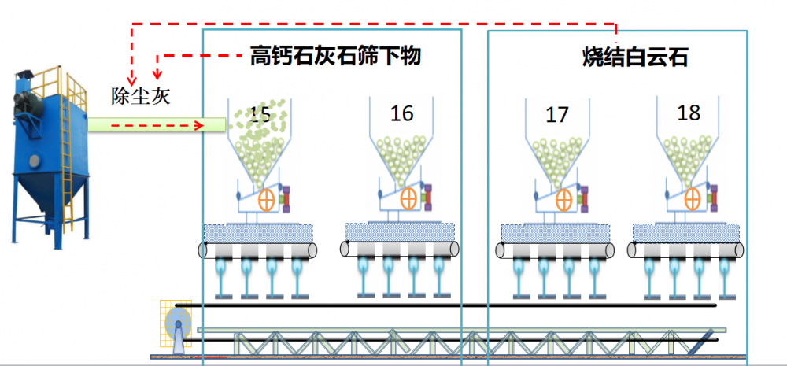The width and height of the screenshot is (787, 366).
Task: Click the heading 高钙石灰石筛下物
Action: (x=335, y=57)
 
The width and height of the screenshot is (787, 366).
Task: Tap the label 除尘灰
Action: (x=141, y=95)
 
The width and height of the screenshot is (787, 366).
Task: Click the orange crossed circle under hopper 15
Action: (x=267, y=201)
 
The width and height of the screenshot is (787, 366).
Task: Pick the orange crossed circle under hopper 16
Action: (x=408, y=198)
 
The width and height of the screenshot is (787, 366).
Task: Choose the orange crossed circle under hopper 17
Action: (x=564, y=201)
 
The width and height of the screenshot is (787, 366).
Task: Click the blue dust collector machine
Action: (x=50, y=157)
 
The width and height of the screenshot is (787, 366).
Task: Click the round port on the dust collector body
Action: (x=34, y=161)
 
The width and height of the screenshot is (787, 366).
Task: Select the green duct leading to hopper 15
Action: (x=157, y=125)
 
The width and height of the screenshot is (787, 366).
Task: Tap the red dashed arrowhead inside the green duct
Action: (x=199, y=125)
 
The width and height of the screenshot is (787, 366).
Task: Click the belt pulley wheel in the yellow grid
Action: (x=178, y=324)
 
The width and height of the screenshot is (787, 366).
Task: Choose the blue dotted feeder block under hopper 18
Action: (x=685, y=232)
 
